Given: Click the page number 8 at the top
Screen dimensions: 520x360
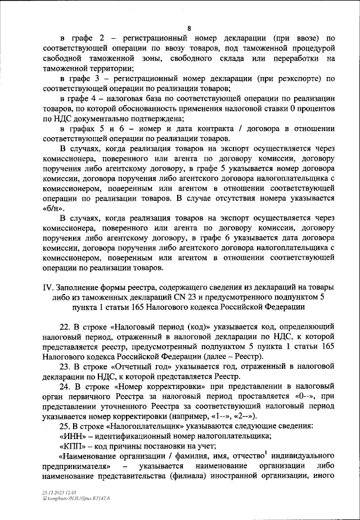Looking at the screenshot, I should tap(189, 28).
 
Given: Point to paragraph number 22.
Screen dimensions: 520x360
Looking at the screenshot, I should tap(65, 327).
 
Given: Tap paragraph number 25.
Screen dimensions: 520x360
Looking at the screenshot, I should tap(65, 427).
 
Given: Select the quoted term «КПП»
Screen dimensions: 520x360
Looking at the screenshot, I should tap(72, 447).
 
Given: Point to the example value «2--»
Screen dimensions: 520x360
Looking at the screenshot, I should tap(245, 417).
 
